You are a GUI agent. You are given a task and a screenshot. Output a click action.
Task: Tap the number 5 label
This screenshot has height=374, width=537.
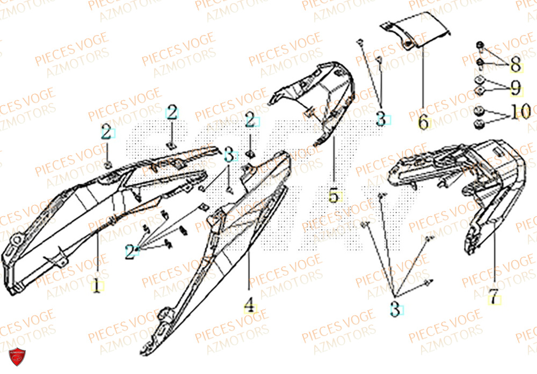[x=333, y=196]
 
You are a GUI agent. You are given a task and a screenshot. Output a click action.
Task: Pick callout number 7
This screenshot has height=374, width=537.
[x=491, y=298]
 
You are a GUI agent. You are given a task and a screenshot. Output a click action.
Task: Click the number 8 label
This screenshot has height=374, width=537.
[x=515, y=66]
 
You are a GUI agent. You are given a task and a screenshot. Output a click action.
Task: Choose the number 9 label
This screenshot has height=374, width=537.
[x=515, y=86]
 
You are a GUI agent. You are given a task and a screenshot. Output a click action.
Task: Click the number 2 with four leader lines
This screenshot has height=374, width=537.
[x=130, y=251]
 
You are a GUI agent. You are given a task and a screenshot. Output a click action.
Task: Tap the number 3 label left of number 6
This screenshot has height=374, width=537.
[x=381, y=119]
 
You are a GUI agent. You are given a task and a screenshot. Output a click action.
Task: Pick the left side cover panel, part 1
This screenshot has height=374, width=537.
[x=81, y=215]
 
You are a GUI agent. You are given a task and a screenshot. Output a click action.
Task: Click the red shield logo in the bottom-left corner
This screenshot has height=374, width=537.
[x=18, y=357]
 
